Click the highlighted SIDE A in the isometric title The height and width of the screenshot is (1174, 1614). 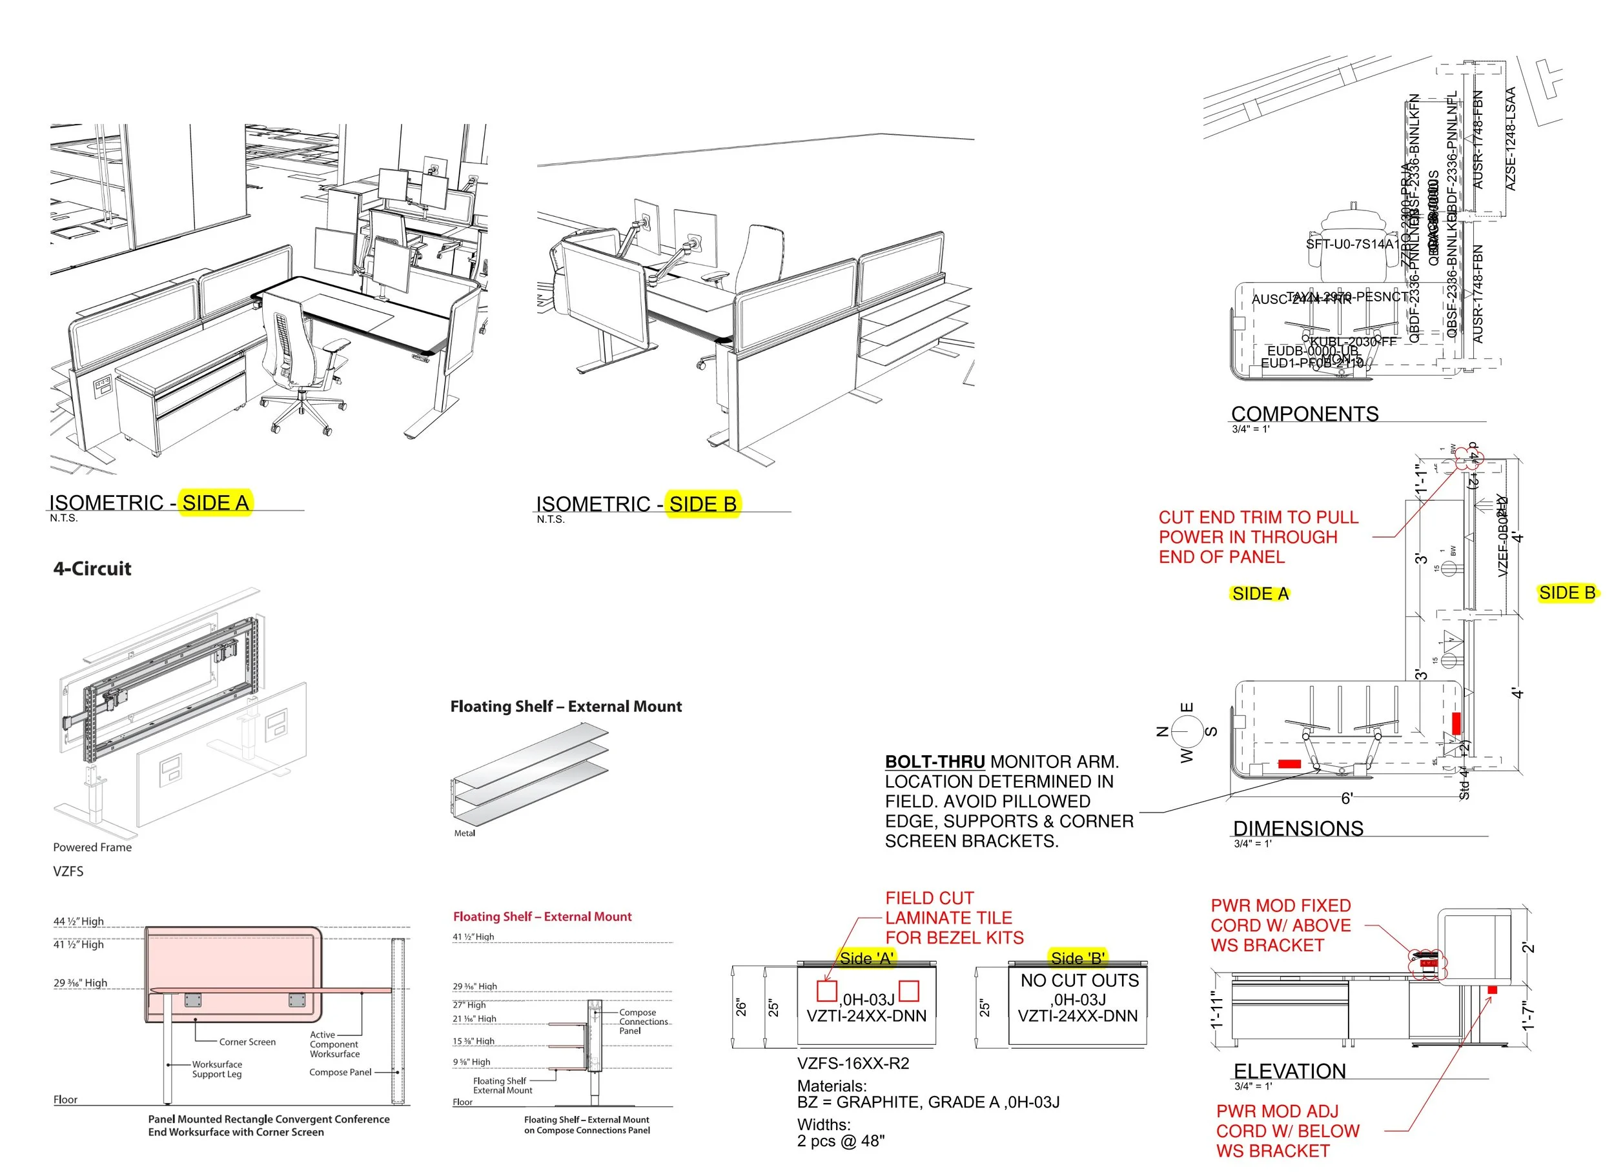tap(215, 503)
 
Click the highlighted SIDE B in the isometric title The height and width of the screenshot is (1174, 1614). tap(702, 505)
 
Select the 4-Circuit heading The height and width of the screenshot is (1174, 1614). tap(92, 569)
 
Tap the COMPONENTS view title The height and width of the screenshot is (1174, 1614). tap(1305, 414)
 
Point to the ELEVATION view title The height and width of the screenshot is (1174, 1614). tap(1289, 1071)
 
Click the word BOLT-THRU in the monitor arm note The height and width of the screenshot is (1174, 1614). tap(934, 762)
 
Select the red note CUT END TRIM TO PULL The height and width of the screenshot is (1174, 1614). tap(1258, 517)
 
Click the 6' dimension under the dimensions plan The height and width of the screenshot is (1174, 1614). tap(1347, 798)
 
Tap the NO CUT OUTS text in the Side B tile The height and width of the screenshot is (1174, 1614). tap(1079, 980)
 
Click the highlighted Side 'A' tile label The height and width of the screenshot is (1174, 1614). tap(865, 958)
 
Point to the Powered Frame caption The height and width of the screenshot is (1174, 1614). tap(92, 847)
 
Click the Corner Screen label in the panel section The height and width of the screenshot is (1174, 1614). tap(247, 1042)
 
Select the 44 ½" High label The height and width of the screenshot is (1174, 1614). tap(78, 922)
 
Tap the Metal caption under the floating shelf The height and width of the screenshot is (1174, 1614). tap(464, 833)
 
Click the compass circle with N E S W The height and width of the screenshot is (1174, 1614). tap(1187, 731)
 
